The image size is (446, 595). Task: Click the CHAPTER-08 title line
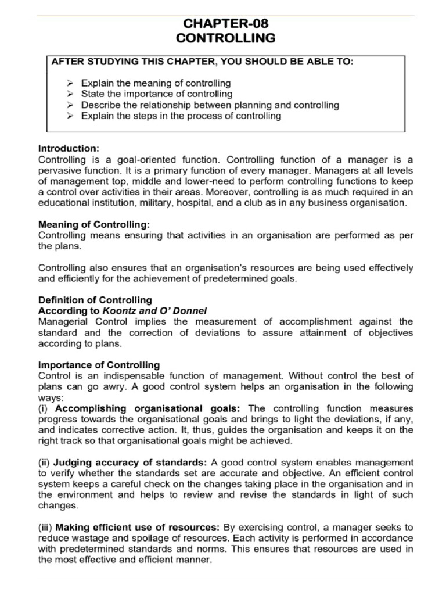(x=226, y=24)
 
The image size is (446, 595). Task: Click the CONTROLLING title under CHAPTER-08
(x=226, y=38)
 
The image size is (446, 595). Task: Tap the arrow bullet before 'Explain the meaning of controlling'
(x=70, y=83)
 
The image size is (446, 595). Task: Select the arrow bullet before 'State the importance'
(x=70, y=94)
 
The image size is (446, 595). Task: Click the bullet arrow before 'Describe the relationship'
(x=70, y=105)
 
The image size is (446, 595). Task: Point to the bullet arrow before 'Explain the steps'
(x=70, y=116)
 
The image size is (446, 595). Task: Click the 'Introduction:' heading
(x=69, y=148)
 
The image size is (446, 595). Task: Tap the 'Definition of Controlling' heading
(x=95, y=300)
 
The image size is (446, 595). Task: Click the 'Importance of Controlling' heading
(x=99, y=365)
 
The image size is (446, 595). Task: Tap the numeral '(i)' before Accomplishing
(x=44, y=408)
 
